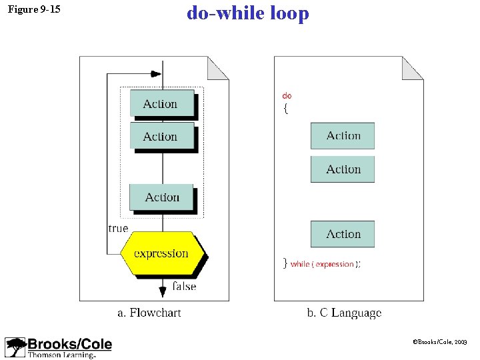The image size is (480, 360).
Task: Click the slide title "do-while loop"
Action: pos(248,13)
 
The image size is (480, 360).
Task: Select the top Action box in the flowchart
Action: pos(161,104)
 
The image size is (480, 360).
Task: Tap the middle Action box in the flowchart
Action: pos(161,137)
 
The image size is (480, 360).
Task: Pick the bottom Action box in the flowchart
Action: pos(161,197)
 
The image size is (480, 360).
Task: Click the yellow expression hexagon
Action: pos(161,253)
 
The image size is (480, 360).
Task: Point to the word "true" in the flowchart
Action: pos(118,228)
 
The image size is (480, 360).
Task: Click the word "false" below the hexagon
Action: pos(184,286)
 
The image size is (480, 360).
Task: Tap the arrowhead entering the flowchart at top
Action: pos(157,73)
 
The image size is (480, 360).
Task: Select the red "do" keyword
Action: pos(287,96)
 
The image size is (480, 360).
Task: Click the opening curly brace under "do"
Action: pos(286,109)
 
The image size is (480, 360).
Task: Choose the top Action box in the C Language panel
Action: pos(343,136)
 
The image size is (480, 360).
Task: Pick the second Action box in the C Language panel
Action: pos(343,169)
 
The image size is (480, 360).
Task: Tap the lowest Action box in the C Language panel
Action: pos(343,234)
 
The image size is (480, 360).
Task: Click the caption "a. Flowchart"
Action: pos(149,313)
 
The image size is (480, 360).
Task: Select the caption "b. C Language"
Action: pos(344,313)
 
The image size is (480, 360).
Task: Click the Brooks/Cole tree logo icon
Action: pos(15,347)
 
